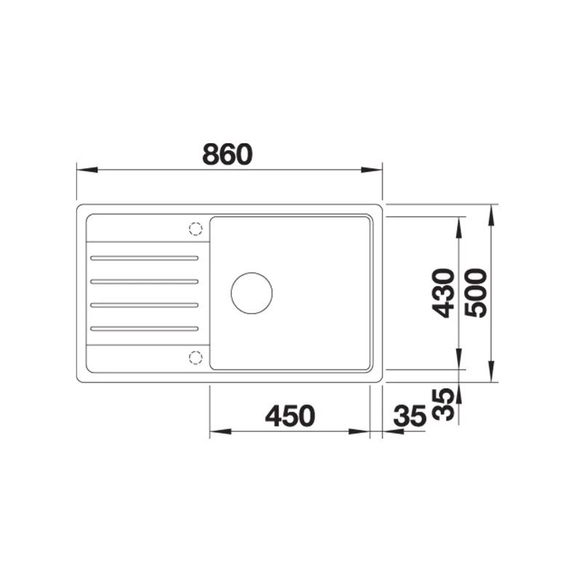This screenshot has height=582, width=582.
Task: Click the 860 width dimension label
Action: tap(227, 154)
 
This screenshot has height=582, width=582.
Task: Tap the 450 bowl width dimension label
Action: tap(290, 415)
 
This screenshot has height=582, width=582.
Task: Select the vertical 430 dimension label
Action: tap(444, 293)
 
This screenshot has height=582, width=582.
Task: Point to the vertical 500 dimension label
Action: tap(476, 293)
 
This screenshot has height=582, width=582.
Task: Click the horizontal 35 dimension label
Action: tap(410, 415)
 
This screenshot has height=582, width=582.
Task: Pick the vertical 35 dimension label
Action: tap(444, 404)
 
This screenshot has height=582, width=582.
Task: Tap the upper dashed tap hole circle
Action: tap(196, 228)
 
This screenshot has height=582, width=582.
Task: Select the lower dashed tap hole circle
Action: tap(196, 357)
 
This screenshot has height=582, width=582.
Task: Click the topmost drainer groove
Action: tap(144, 258)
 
